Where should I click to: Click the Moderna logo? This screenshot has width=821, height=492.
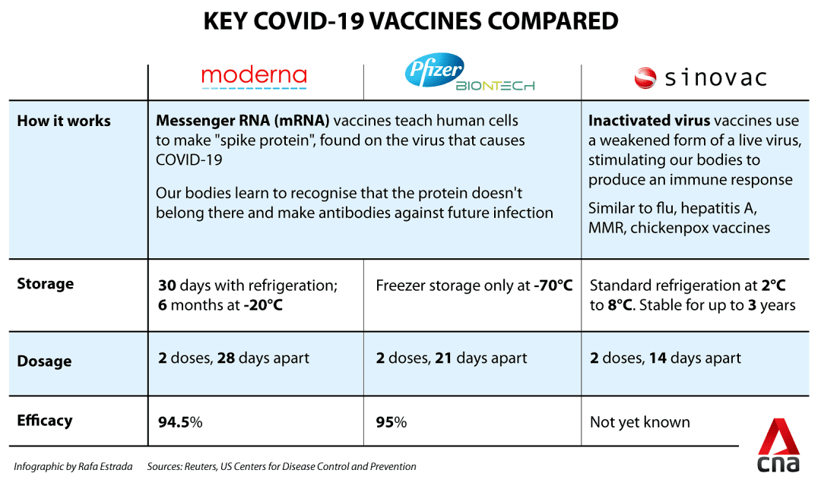254,77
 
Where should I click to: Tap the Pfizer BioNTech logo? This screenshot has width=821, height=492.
469,74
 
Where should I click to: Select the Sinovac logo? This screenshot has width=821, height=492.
700,77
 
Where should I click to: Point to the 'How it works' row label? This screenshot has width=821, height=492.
64,121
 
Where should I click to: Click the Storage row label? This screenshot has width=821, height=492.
46,284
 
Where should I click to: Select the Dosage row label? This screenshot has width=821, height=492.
45,361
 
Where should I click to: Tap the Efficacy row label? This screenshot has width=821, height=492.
45,421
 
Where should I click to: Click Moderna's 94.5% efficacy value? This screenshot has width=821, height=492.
180,422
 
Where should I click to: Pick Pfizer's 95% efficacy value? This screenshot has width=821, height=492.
391,422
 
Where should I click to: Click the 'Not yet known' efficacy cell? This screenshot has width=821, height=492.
640,422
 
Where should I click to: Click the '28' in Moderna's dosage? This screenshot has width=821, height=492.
226,358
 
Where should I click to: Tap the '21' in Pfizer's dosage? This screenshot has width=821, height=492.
443,358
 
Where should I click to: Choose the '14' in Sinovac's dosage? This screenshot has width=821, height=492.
658,358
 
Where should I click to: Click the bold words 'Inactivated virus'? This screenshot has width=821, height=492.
649,121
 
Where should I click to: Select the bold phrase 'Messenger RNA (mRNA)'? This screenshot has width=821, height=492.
242,121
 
